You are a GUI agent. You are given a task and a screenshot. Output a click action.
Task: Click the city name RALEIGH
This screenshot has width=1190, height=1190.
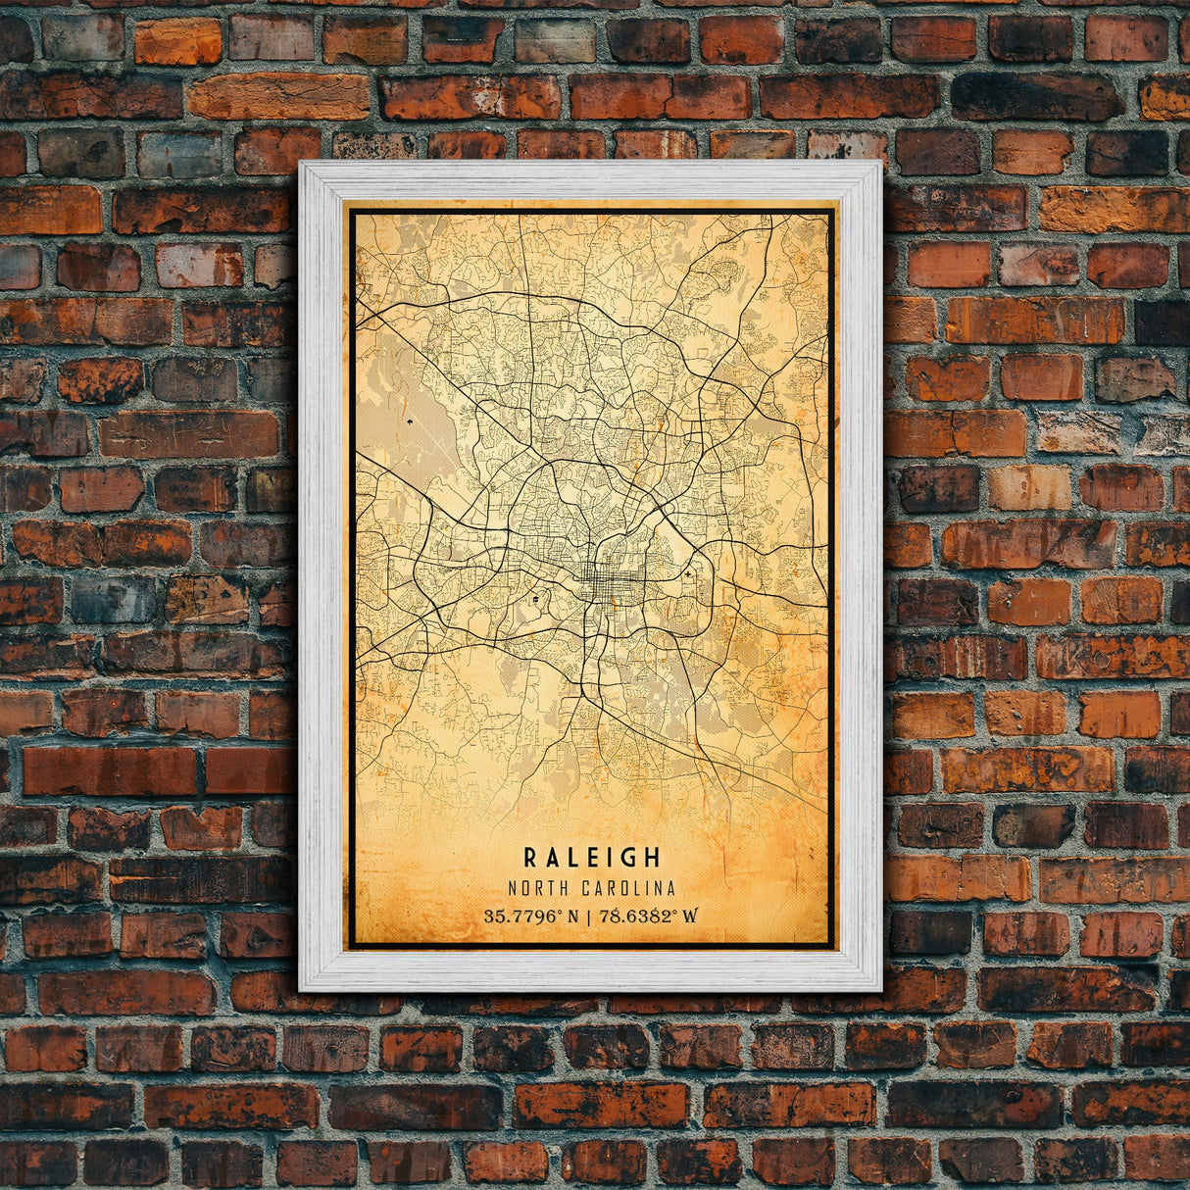coord(592,858)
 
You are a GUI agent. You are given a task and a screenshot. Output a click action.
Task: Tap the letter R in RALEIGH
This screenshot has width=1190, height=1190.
coord(530,858)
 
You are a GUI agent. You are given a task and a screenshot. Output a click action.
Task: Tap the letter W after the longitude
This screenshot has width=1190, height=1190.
coord(691,917)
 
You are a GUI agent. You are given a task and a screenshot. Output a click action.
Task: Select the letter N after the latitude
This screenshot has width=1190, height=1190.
coord(571,917)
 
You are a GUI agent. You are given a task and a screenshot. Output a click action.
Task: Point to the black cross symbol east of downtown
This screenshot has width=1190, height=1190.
coord(688,572)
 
